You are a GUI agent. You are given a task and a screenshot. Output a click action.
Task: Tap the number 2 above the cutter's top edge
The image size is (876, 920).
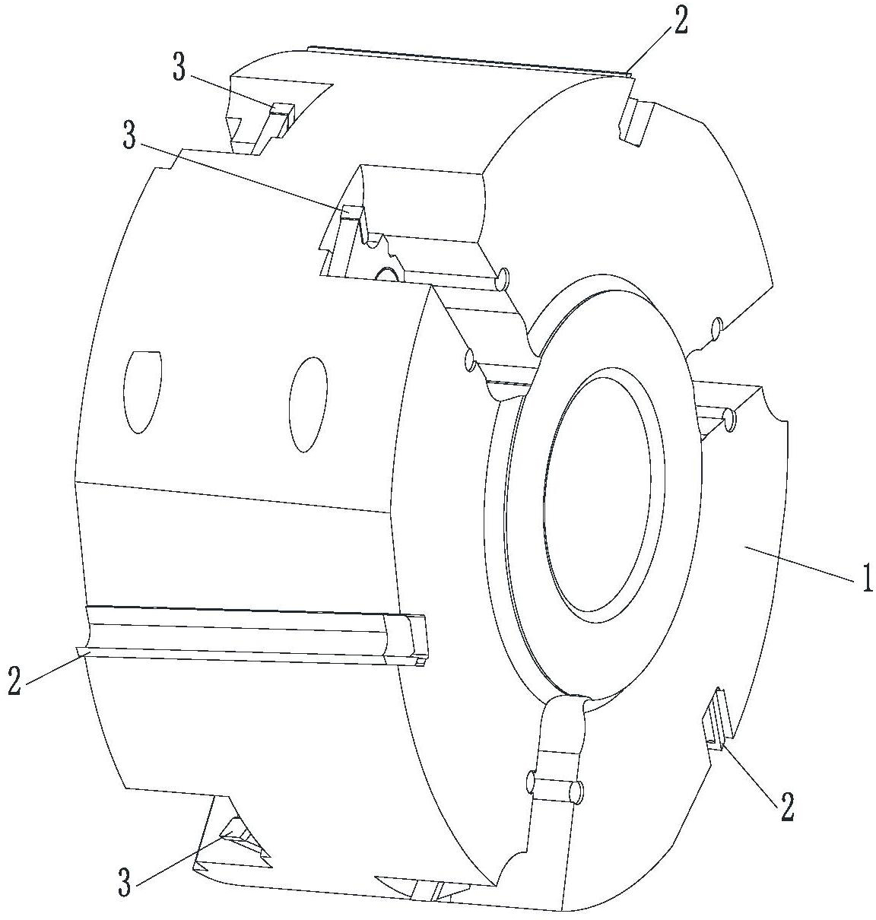point(681,22)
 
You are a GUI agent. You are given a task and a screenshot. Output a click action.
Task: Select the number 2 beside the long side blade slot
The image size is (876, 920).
point(14,680)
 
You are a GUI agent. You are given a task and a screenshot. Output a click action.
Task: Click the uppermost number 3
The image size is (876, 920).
point(179,67)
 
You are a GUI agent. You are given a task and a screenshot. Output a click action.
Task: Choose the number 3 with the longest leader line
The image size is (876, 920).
point(130,135)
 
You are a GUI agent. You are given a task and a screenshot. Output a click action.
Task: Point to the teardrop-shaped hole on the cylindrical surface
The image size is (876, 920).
point(143,392)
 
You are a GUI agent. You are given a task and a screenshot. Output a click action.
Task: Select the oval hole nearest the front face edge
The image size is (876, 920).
point(308,404)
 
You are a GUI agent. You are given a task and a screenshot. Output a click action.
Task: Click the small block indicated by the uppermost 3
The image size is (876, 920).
point(282,110)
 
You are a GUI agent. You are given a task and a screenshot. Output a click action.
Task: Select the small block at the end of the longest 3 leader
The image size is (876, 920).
point(351,211)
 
